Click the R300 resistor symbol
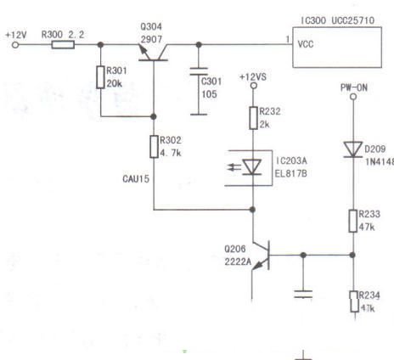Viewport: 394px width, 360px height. click(x=63, y=45)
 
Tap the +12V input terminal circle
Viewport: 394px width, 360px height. click(x=15, y=45)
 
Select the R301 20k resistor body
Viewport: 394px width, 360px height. click(x=100, y=77)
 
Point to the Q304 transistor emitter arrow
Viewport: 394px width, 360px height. click(x=144, y=50)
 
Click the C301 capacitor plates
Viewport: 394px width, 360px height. click(x=199, y=71)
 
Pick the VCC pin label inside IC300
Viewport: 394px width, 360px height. click(x=306, y=44)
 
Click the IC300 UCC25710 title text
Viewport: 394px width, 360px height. click(x=337, y=20)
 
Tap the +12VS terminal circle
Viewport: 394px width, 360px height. click(x=254, y=85)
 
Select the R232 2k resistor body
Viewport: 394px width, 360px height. click(x=253, y=118)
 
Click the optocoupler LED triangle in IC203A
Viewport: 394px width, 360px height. click(x=252, y=167)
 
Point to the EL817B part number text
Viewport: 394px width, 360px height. click(x=290, y=173)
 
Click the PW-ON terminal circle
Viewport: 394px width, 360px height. click(x=353, y=97)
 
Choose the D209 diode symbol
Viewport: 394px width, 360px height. click(x=353, y=149)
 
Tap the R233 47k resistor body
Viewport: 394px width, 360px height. click(x=352, y=221)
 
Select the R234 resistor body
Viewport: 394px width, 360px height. click(x=354, y=301)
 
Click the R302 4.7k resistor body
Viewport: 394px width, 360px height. click(x=154, y=147)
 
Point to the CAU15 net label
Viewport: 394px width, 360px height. click(x=136, y=179)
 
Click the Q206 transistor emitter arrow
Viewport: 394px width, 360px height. click(x=257, y=266)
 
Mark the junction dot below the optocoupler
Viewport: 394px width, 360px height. click(x=252, y=210)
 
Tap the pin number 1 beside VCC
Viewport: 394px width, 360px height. click(x=288, y=39)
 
